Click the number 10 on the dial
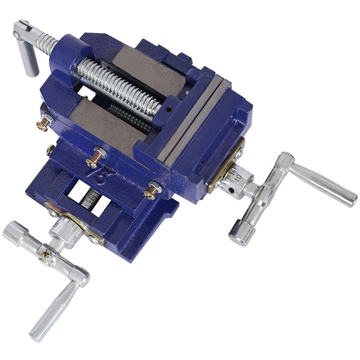coord(237,177)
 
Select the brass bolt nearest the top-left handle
coord(43,123)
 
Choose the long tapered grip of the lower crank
coord(53,310)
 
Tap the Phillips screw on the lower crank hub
coord(47,253)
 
